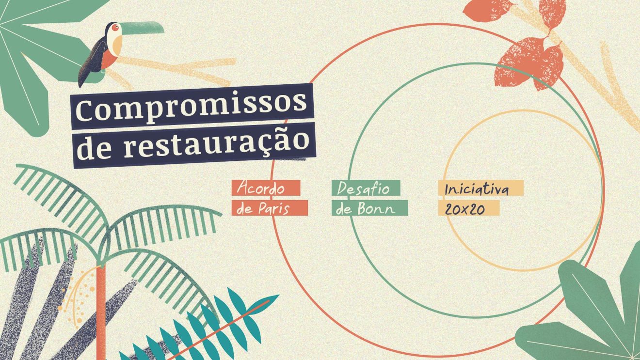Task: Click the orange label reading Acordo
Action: click(x=266, y=188)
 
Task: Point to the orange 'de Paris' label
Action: click(x=270, y=208)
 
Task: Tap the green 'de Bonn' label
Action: click(x=369, y=208)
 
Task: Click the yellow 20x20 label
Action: click(x=468, y=208)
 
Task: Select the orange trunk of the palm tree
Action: click(x=101, y=310)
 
